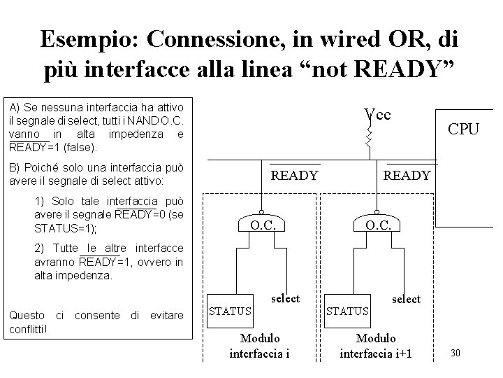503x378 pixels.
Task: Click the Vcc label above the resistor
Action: [377, 114]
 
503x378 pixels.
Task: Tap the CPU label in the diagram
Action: [463, 129]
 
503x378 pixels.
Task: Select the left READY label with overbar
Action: [293, 175]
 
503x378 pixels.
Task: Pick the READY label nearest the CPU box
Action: [407, 175]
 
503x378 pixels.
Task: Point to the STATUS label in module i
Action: [231, 310]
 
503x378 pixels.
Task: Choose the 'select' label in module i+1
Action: [406, 299]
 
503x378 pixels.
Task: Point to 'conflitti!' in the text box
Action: [27, 328]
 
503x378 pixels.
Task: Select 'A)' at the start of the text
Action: [15, 107]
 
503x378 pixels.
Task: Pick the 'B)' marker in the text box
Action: [15, 169]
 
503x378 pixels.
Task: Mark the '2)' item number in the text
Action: [40, 248]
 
